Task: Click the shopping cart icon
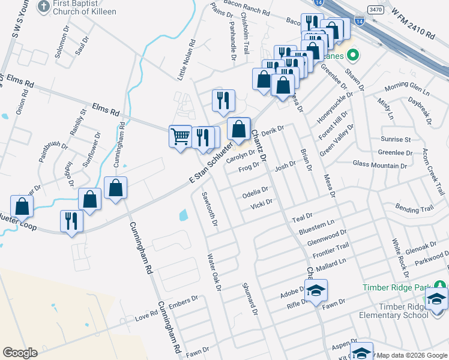coord(181,137)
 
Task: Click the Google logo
coord(20,353)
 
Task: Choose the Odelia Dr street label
coord(255,191)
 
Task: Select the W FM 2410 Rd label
coord(413,26)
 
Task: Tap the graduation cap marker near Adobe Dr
coord(316,291)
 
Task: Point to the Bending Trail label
coord(414,209)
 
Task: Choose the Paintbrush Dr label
coord(53,151)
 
